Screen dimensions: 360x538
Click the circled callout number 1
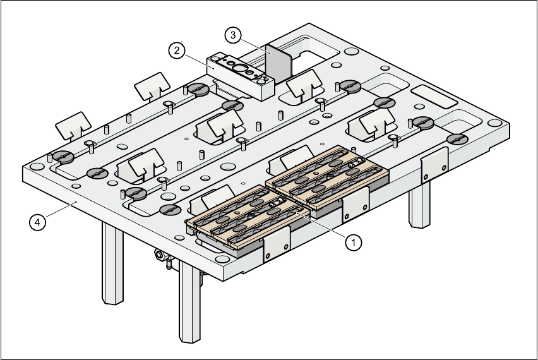(354, 241)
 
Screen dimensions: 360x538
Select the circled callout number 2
(177, 49)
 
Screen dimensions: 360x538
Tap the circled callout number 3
(233, 35)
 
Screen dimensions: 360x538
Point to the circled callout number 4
(39, 222)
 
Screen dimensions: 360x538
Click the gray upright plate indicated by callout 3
(277, 63)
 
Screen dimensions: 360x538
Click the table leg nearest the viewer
(189, 303)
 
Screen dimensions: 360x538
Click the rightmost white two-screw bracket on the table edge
(434, 164)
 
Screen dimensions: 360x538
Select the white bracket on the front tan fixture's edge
(276, 243)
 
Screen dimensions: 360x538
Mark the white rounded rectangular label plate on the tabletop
(434, 97)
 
